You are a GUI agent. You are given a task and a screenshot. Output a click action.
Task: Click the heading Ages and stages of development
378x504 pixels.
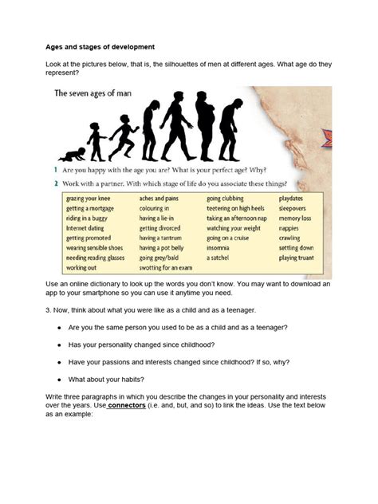click(99, 47)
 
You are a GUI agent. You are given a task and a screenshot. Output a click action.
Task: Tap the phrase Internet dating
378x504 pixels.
click(85, 227)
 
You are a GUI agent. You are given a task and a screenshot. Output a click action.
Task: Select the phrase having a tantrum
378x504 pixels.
click(160, 238)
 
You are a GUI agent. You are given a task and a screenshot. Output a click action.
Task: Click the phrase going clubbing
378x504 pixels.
click(226, 197)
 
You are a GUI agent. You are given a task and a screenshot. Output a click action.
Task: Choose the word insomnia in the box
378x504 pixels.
click(218, 248)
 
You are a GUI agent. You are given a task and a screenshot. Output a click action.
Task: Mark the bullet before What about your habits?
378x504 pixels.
click(59, 380)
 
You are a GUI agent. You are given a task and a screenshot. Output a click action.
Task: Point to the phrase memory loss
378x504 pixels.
click(295, 217)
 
